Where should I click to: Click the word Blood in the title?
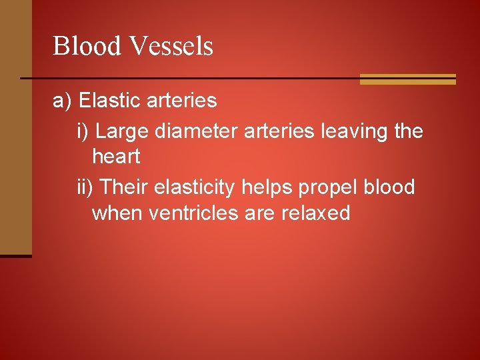tap(87, 47)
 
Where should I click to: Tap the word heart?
tap(116, 157)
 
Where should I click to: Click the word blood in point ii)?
tap(389, 187)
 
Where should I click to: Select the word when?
tap(117, 213)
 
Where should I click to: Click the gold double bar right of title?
tap(407, 79)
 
